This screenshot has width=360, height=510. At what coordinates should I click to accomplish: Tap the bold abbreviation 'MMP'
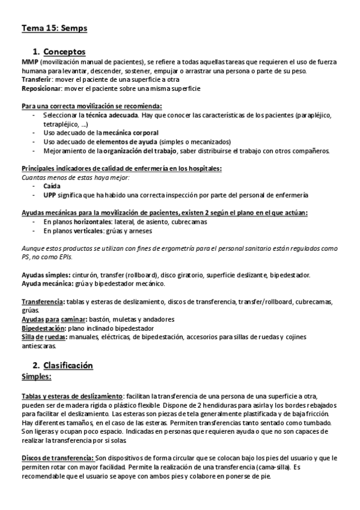[x=30, y=62]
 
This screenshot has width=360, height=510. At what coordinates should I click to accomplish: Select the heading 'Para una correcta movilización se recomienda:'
[x=88, y=106]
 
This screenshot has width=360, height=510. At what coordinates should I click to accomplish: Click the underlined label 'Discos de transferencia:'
[x=57, y=457]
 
